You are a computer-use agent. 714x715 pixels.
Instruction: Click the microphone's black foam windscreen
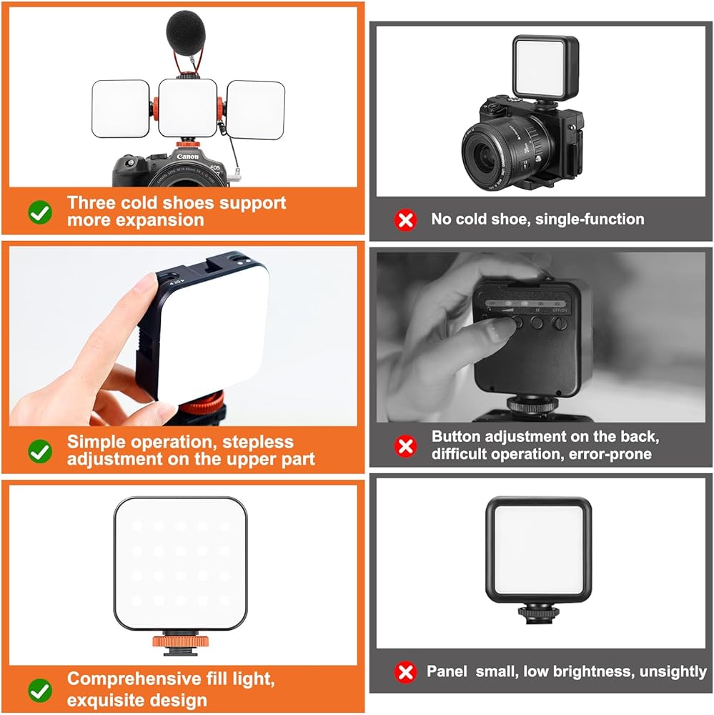186,32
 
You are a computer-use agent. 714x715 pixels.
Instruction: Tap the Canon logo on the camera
188,157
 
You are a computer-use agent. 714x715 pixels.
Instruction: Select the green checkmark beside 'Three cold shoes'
40,212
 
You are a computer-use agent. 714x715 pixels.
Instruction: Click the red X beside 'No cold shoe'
405,220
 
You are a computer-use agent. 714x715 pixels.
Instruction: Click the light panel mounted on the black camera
546,66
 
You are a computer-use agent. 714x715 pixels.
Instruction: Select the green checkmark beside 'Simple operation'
40,451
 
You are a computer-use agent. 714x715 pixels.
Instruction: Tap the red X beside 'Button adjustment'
405,445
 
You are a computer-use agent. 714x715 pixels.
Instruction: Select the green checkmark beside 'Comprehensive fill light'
40,691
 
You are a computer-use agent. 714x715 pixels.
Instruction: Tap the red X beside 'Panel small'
405,672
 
